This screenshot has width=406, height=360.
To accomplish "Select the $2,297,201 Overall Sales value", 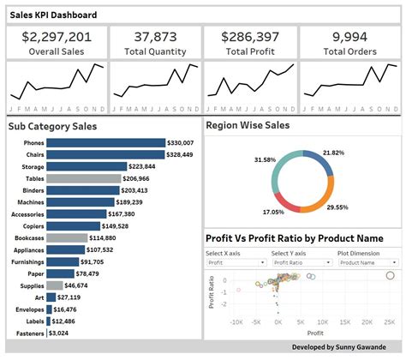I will click(x=57, y=36).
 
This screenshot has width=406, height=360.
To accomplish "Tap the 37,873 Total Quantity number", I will click(x=154, y=36).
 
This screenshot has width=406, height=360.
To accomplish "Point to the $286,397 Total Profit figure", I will click(x=249, y=36).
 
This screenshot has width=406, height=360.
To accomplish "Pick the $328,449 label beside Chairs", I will click(x=179, y=155).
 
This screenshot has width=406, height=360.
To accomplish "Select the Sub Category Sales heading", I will click(x=52, y=126).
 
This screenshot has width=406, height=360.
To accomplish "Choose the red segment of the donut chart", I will click(x=283, y=201).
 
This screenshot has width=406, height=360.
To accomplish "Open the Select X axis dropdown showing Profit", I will click(x=236, y=263).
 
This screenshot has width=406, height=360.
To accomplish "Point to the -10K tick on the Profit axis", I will click(x=237, y=321).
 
